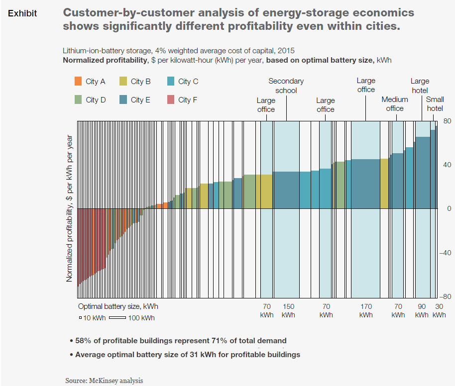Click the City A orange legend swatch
78,82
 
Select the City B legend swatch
123,82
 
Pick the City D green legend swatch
78,99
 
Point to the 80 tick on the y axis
447,121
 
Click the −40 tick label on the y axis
445,253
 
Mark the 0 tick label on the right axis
449,209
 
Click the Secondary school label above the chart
286,86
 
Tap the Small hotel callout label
435,104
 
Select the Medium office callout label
395,104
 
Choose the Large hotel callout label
420,86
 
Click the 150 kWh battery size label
288,310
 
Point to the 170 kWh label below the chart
366,310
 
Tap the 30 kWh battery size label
439,310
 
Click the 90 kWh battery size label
422,310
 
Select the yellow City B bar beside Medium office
384,184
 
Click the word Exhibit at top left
22,13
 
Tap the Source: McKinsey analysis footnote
104,381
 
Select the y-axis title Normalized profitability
70,209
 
